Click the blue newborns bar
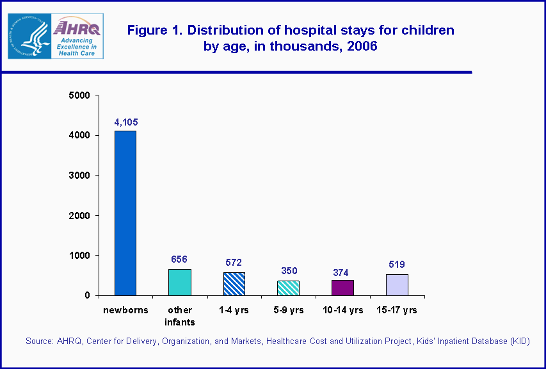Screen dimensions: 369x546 tap(125, 213)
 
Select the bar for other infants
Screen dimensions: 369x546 tap(179, 282)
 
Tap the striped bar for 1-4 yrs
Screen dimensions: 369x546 tap(234, 284)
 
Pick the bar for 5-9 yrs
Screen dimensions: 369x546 tap(288, 288)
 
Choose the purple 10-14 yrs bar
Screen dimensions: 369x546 tap(342, 288)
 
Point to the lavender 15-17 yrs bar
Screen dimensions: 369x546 tap(397, 284)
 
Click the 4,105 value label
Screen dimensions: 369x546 tap(126, 122)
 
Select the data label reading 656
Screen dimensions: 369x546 tap(179, 259)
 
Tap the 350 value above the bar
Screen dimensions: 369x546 tap(288, 271)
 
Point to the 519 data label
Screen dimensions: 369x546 tap(397, 264)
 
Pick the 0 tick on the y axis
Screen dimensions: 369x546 tap(86, 295)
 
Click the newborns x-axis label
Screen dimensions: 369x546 tap(125, 310)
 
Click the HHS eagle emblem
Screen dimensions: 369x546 tap(29, 36)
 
